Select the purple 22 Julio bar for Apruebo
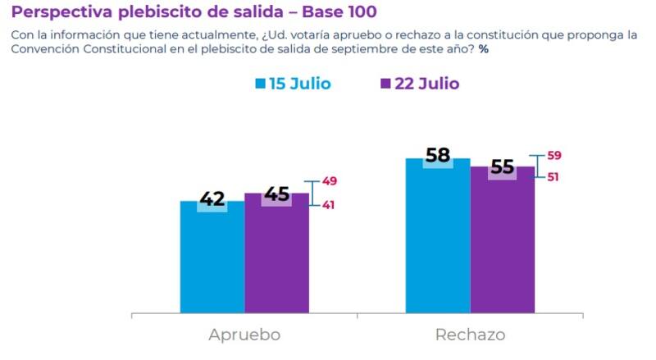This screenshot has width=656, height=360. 276,258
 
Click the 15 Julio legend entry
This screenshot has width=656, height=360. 294,84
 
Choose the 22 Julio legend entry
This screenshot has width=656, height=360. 420,84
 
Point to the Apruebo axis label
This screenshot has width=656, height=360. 244,335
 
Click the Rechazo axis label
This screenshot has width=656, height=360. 470,335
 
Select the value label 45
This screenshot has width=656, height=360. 276,194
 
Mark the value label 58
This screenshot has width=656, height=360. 438,157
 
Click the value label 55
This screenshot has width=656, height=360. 502,167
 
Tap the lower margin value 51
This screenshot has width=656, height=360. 553,177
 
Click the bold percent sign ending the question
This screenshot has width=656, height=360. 484,50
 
